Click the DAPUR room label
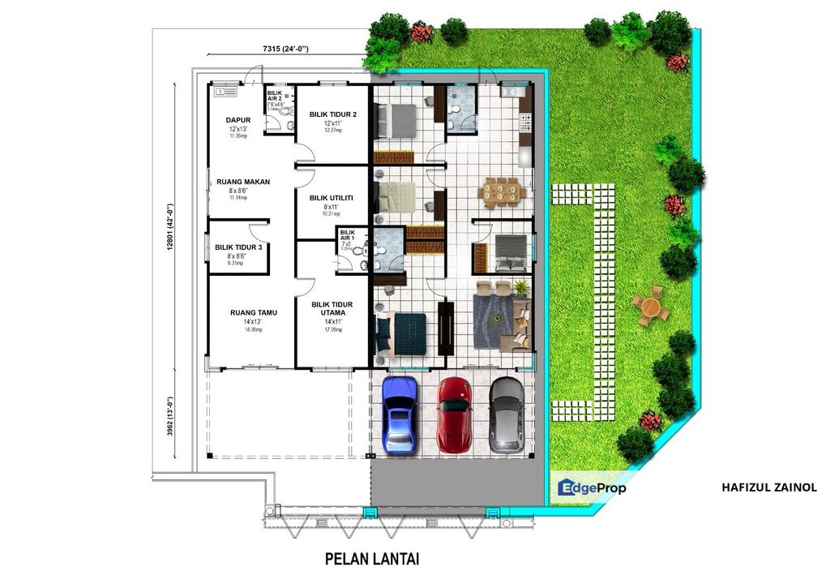coord(238,120)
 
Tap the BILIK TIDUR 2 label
coord(332,114)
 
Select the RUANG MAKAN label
coord(243,182)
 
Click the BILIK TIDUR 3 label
coord(238,247)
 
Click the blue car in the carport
coord(400,414)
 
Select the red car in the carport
coord(454,414)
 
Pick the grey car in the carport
coord(507,414)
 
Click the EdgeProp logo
coord(592,487)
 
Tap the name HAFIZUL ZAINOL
coord(768,487)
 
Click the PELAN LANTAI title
coord(372,559)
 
